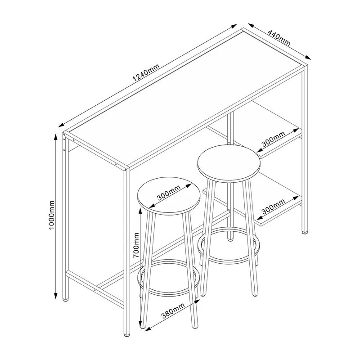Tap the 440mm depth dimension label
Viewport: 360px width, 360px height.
[x=279, y=37]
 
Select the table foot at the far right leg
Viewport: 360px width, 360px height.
[x=305, y=232]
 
